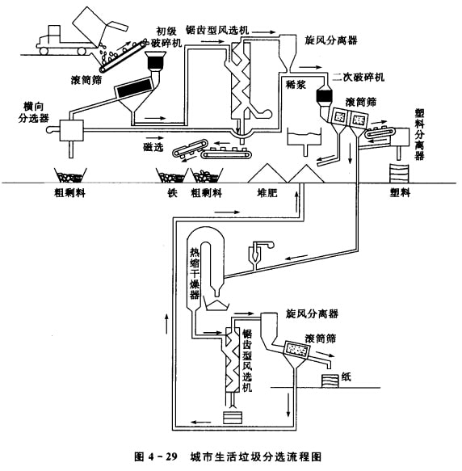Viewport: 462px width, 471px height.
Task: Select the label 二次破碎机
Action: pos(359,78)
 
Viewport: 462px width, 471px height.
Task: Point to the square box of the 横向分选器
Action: pos(72,130)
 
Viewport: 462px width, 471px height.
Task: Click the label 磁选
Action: pos(153,147)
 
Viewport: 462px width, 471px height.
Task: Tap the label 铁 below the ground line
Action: pos(172,192)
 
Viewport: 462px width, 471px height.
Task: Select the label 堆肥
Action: pos(267,193)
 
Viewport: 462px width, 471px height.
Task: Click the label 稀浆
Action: pos(296,85)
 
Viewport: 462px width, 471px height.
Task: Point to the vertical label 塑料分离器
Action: pos(420,134)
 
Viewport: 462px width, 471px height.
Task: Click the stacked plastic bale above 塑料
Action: pos(400,174)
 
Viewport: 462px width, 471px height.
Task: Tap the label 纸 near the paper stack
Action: pos(346,376)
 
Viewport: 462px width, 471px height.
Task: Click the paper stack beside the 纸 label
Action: pos(330,381)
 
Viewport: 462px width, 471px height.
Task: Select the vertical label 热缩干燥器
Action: pos(195,273)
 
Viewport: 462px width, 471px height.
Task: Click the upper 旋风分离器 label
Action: pos(331,40)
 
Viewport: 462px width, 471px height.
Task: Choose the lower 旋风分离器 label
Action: pos(312,314)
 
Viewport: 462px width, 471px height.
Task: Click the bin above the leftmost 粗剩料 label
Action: pos(70,175)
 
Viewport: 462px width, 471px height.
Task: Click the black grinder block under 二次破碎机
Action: pos(324,96)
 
